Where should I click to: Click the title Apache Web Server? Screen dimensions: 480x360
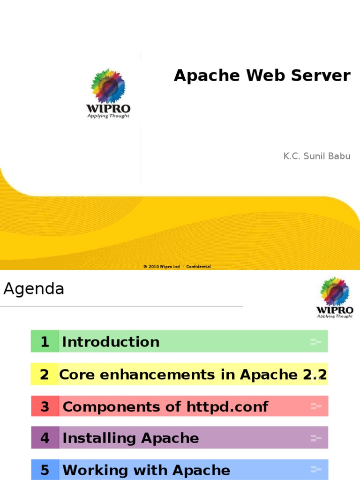tap(262, 75)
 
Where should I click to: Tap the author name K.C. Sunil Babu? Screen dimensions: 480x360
tap(317, 156)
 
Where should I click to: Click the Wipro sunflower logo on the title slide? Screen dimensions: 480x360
tap(108, 87)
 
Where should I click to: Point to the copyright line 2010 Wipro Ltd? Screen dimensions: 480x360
tap(177, 267)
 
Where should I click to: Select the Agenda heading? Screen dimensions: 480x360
tap(34, 289)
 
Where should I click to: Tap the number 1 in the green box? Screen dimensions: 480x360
tap(45, 342)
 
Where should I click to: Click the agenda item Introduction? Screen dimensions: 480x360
tap(111, 342)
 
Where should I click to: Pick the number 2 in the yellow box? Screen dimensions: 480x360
tap(45, 375)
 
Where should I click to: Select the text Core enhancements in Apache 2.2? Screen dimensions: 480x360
tap(193, 375)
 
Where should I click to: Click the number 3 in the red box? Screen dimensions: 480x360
tap(45, 406)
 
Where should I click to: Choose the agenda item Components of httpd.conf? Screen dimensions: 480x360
tap(165, 406)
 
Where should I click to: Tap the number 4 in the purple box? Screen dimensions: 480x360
tap(45, 438)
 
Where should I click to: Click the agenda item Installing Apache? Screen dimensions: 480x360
tap(131, 438)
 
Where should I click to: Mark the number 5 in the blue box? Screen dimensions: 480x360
tap(45, 470)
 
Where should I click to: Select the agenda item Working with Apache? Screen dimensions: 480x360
tap(146, 470)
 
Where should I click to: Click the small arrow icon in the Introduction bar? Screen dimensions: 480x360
tap(315, 342)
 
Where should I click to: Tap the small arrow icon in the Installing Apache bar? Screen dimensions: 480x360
tap(315, 438)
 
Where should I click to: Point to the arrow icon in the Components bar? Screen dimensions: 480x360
tap(315, 406)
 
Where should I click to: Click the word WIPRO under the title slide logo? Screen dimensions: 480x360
tap(108, 109)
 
